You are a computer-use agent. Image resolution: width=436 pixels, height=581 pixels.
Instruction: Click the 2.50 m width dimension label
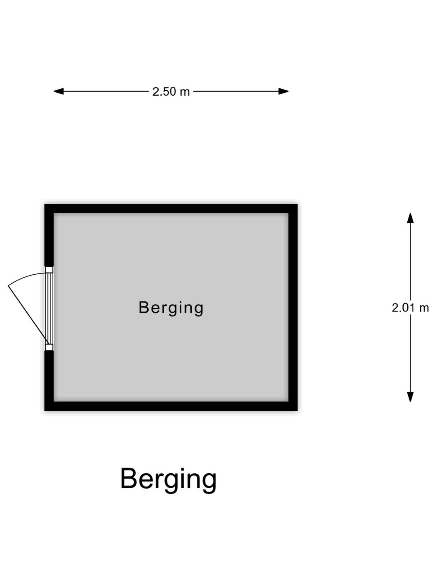tap(171, 92)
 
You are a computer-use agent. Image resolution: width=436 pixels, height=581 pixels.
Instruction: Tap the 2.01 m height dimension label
tap(410, 307)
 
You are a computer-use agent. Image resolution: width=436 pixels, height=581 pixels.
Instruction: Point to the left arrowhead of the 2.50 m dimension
tap(59, 91)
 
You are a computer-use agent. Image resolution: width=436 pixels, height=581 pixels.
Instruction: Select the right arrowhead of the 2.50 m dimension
tap(283, 91)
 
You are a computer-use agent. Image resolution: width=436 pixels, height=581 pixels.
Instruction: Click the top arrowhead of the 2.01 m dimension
tap(410, 218)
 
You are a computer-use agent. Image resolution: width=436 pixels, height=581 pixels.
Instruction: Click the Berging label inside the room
tap(171, 308)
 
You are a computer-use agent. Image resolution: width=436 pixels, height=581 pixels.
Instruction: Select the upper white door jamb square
tap(49, 270)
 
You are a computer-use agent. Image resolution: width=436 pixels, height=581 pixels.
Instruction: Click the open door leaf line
tap(29, 315)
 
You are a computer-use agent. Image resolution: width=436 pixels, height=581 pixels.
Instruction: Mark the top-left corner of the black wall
tap(44, 204)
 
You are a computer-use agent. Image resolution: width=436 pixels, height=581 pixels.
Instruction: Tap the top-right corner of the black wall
tap(298, 204)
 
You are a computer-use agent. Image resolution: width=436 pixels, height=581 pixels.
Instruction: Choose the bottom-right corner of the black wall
tap(298, 411)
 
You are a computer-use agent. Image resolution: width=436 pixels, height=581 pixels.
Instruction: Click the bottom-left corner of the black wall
tap(44, 411)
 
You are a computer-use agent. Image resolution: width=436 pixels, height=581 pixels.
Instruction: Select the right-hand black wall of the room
tap(293, 307)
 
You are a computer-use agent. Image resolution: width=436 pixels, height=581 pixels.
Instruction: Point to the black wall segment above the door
tap(49, 235)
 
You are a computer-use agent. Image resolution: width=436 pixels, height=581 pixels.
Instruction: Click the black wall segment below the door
tap(49, 380)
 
